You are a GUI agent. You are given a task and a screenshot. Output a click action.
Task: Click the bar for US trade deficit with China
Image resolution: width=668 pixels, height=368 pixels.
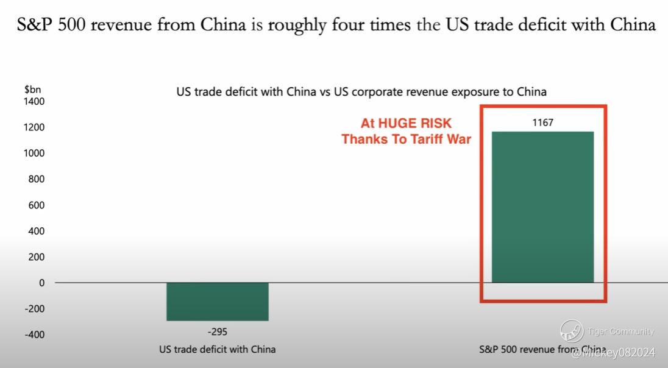217,302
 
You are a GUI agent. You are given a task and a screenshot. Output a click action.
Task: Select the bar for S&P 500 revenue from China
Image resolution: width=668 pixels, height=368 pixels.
542,207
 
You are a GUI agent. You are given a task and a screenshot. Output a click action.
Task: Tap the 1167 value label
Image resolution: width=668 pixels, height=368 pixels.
542,123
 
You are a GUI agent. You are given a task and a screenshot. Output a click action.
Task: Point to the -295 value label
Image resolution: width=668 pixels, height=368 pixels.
217,332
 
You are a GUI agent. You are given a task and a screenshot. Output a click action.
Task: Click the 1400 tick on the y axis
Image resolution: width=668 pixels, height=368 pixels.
35,101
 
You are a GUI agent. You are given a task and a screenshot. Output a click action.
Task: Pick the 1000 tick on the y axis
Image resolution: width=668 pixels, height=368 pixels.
35,153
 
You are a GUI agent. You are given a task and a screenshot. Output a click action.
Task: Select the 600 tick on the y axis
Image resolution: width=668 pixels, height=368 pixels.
37,205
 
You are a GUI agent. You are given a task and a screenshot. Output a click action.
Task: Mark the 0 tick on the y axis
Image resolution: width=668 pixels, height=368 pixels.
42,283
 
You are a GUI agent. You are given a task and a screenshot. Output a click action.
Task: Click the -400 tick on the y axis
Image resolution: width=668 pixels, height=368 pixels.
35,334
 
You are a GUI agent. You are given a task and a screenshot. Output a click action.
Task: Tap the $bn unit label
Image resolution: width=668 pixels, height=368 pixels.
32,89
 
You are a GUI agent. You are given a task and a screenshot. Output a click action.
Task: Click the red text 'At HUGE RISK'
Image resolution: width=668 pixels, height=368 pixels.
406,123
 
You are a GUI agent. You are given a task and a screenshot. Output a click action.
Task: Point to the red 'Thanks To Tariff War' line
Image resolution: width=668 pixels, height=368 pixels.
406,139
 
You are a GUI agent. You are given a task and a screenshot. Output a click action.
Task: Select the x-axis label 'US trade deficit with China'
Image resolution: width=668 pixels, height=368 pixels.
217,350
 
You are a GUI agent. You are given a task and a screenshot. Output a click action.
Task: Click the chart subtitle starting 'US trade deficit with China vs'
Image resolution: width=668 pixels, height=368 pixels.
361,92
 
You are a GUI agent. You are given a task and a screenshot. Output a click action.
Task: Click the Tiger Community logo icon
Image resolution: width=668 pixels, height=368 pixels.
572,331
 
